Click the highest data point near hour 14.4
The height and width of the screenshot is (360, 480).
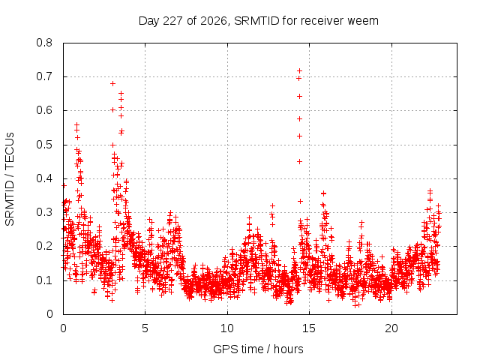pyautogui.click(x=299, y=71)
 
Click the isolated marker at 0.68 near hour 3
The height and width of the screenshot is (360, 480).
pyautogui.click(x=112, y=83)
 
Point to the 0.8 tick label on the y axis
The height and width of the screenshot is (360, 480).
pyautogui.click(x=44, y=43)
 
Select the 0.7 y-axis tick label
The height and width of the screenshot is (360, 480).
pyautogui.click(x=44, y=76)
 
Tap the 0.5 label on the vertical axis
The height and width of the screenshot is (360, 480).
pyautogui.click(x=44, y=145)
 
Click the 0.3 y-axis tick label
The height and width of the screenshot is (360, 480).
pyautogui.click(x=44, y=212)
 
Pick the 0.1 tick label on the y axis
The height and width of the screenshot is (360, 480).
pyautogui.click(x=44, y=280)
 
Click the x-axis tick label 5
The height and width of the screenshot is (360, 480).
pyautogui.click(x=145, y=328)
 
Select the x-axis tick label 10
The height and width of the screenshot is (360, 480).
pyautogui.click(x=227, y=328)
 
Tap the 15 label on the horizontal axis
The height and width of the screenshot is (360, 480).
pyautogui.click(x=309, y=328)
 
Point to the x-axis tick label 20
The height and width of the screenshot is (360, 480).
pyautogui.click(x=391, y=328)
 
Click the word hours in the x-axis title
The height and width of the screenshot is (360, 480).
pyautogui.click(x=288, y=349)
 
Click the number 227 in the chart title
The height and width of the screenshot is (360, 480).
pyautogui.click(x=173, y=21)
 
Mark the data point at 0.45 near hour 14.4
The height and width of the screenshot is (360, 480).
pyautogui.click(x=299, y=162)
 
